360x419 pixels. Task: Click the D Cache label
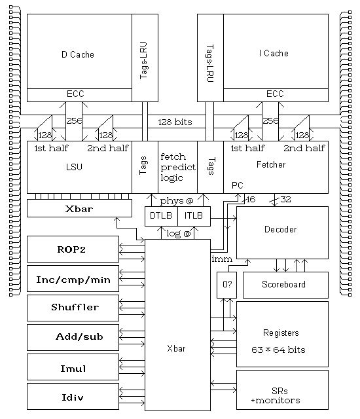(78, 54)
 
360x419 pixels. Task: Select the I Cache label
(274, 54)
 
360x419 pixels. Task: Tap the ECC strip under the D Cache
(79, 95)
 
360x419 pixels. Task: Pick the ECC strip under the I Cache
(276, 95)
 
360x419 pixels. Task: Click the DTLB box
(161, 216)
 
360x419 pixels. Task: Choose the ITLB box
(194, 216)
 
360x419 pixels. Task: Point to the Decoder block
(282, 232)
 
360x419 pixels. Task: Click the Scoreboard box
(285, 285)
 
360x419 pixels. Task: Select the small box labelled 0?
(226, 285)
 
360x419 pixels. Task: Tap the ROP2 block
(73, 249)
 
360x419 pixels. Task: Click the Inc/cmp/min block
(73, 278)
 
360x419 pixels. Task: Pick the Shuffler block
(73, 308)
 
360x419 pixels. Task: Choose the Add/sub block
(73, 337)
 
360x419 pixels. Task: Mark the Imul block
(73, 367)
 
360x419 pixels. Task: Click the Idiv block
(73, 396)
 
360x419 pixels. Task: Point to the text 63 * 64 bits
(278, 350)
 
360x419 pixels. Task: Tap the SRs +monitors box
(282, 390)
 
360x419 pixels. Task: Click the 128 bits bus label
(175, 122)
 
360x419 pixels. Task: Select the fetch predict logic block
(177, 167)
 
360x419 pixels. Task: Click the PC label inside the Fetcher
(238, 185)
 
